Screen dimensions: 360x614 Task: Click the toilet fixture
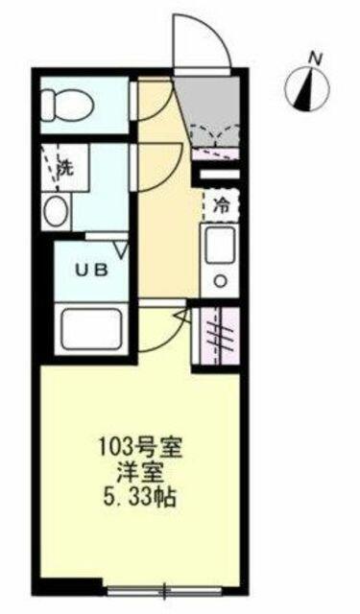(x=67, y=105)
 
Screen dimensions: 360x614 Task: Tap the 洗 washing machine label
(x=65, y=168)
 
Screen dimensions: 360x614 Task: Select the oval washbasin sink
(x=56, y=211)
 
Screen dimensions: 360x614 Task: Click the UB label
(x=91, y=270)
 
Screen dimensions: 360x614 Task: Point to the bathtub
(x=91, y=329)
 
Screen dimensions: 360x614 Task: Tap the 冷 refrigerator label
(x=221, y=206)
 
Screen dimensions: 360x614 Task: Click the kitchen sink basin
(x=221, y=245)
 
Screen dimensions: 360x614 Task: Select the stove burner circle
(x=222, y=281)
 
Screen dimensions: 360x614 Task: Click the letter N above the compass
(x=315, y=59)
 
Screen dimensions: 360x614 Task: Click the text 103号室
(x=139, y=449)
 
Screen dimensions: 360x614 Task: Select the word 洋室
(x=139, y=474)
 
